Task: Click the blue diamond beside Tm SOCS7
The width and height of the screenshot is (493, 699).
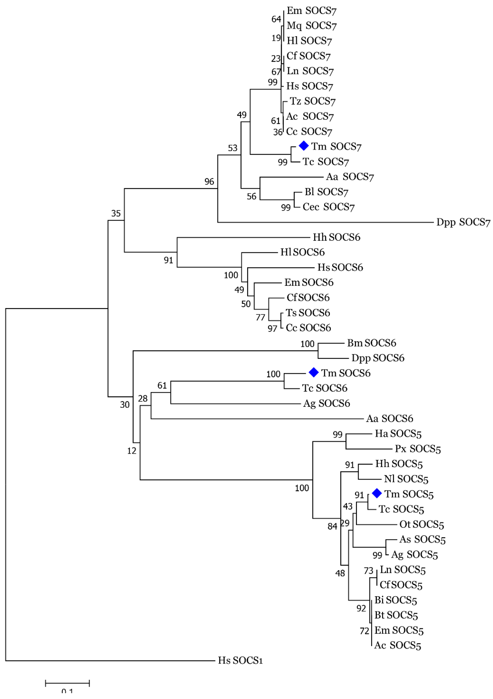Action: [x=304, y=146]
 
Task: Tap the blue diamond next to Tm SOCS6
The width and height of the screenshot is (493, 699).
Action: [x=314, y=372]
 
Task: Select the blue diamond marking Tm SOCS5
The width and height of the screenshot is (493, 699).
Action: [x=377, y=493]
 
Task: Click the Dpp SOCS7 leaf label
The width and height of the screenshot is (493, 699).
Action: [x=463, y=222]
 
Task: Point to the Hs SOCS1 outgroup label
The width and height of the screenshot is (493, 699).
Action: [x=240, y=660]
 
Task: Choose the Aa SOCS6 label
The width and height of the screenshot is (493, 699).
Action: [x=389, y=419]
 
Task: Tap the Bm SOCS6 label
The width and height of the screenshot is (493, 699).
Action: [x=372, y=343]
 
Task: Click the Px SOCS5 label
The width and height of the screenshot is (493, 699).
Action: [x=418, y=449]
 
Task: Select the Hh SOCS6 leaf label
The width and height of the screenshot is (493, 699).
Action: [x=336, y=237]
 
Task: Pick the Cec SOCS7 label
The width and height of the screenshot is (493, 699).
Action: [x=329, y=207]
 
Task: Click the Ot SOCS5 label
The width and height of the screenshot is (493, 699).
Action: [x=422, y=524]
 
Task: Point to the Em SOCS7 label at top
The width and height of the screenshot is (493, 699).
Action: [x=312, y=11]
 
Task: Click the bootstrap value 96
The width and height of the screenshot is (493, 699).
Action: [x=209, y=182]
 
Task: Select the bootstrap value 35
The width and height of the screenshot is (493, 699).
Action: [x=116, y=213]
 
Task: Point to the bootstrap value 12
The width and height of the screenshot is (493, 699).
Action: [x=132, y=451]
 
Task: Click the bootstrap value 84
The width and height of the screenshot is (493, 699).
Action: [x=332, y=526]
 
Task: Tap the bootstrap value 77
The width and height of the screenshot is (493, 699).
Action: [x=260, y=317]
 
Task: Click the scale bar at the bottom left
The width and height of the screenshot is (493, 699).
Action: [x=67, y=683]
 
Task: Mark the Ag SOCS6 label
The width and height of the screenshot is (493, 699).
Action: [x=326, y=403]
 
